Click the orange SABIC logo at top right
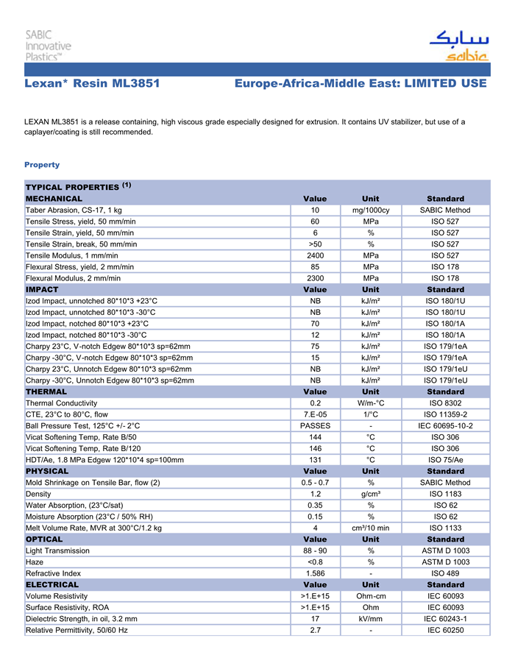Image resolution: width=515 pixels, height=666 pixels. pos(457,45)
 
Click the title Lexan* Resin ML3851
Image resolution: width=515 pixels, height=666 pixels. pos(92,84)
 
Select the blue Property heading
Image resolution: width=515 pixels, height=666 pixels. pos(42,165)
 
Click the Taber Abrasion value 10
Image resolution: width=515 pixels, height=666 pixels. pos(315,210)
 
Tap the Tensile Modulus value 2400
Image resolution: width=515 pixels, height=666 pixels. pos(315,256)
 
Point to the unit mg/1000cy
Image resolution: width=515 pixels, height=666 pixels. pos(371,210)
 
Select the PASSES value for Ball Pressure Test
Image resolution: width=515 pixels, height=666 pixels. pos(315,426)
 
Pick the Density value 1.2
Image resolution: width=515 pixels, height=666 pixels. pos(315,494)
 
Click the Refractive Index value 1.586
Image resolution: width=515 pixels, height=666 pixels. pos(315,573)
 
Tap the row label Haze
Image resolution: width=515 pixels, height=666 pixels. pos(35,562)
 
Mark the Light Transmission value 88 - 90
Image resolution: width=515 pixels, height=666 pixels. pos(315,550)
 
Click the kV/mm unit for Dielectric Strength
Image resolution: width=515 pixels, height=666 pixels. pos(371,619)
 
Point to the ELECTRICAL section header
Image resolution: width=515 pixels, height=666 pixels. pos(52,584)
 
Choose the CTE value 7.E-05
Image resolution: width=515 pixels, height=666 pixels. pos(315,415)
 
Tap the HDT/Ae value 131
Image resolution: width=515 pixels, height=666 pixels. pos(315,460)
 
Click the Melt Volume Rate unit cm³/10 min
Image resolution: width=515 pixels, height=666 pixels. pos(371,528)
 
